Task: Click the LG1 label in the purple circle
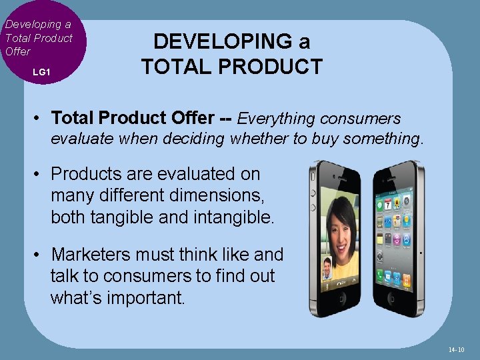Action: (41, 71)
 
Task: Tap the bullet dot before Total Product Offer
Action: (40, 119)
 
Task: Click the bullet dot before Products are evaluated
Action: (40, 174)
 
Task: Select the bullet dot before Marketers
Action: (40, 255)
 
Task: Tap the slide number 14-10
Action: (457, 349)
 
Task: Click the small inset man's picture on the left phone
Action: (327, 268)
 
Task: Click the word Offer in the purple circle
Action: (17, 51)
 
